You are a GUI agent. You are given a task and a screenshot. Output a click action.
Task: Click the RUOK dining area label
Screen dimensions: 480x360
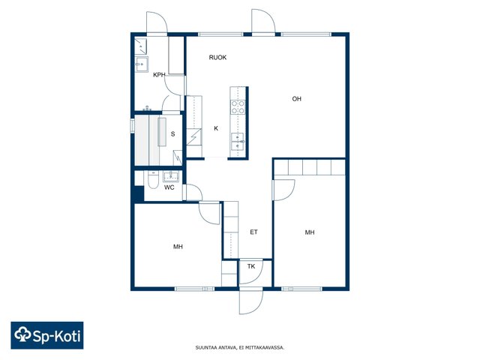[217, 58]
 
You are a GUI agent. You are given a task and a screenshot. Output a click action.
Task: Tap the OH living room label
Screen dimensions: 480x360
[297, 99]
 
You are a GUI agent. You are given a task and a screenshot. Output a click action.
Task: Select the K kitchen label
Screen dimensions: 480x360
[216, 128]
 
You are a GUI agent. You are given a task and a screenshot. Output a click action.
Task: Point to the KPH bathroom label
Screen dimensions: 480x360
[159, 75]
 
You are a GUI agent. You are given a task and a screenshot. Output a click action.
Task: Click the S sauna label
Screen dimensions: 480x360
[173, 134]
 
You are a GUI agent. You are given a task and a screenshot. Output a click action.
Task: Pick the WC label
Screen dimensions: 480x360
[169, 187]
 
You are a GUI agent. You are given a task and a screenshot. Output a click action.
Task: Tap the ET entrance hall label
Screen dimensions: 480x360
[253, 232]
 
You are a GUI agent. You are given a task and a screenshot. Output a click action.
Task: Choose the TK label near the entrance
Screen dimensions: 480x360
[251, 267]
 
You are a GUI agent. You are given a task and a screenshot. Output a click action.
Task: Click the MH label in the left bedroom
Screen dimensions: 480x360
[178, 247]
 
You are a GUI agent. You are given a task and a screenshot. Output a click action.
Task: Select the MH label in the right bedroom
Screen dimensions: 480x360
[310, 232]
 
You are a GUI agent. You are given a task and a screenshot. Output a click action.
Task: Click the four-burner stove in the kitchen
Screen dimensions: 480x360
[238, 107]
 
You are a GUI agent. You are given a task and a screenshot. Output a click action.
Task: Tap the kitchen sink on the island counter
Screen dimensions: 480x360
[238, 142]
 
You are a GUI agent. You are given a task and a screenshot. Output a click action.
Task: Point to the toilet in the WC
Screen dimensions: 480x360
[153, 180]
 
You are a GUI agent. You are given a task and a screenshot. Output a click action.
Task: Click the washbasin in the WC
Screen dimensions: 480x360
[171, 177]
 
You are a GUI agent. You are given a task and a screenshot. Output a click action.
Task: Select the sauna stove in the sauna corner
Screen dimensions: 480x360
[178, 158]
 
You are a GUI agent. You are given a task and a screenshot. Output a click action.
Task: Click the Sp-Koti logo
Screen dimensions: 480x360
[47, 335]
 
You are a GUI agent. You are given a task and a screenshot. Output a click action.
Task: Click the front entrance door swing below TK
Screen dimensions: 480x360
[251, 302]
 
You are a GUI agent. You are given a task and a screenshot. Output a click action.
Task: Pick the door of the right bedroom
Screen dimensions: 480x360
[283, 190]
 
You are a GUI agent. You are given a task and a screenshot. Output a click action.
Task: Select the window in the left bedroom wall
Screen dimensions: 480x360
[195, 289]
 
